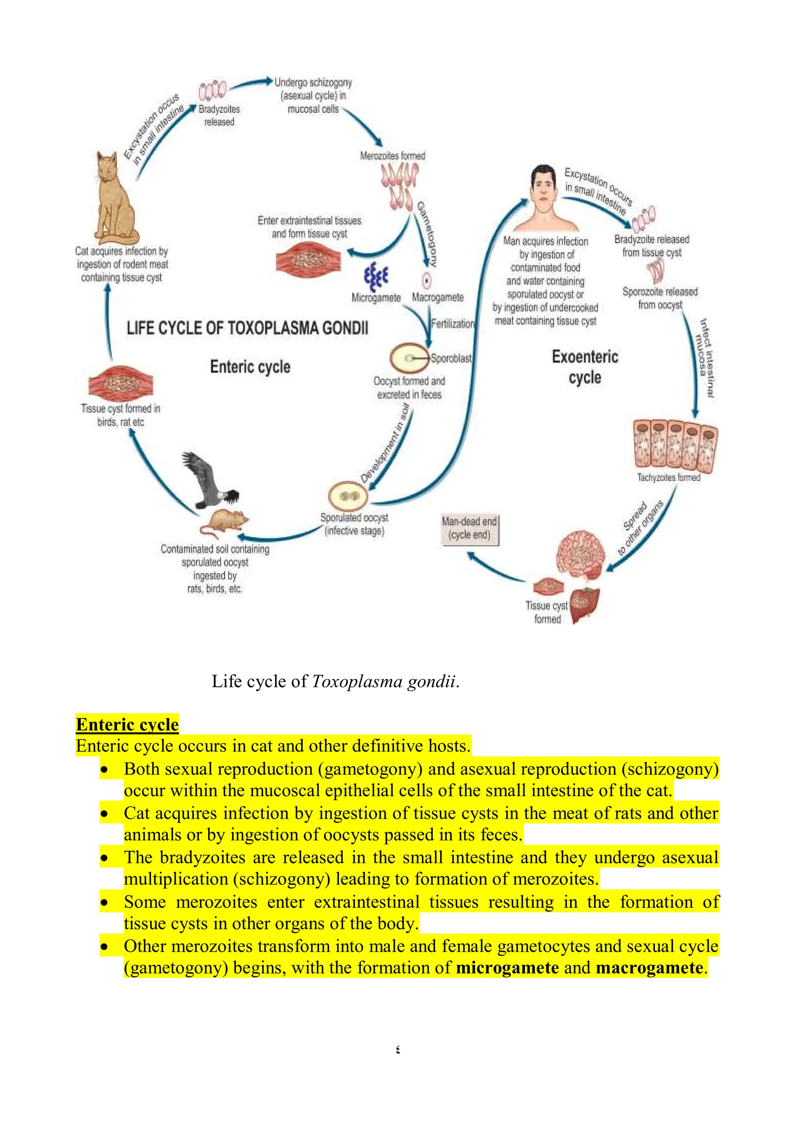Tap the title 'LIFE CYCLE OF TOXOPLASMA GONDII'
point(247,327)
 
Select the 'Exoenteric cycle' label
point(585,367)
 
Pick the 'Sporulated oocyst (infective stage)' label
point(354,524)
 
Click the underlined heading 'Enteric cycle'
point(127,724)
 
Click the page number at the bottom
point(397,1049)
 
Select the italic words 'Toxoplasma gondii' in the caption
point(383,681)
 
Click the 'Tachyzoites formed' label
point(668,477)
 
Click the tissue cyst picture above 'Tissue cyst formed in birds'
point(120,382)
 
